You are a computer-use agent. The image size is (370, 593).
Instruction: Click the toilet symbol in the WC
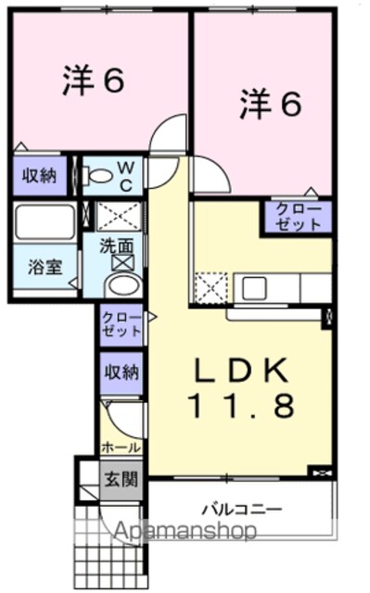pyautogui.click(x=96, y=176)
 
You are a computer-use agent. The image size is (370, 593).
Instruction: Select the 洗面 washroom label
pyautogui.click(x=117, y=246)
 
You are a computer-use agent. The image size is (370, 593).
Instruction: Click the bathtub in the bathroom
pyautogui.click(x=45, y=222)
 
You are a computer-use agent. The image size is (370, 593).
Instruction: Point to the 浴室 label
pyautogui.click(x=45, y=268)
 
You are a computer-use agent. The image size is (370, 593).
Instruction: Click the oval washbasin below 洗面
pyautogui.click(x=123, y=286)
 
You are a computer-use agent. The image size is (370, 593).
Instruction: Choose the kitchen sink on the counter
pyautogui.click(x=254, y=288)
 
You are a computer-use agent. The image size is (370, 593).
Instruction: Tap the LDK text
pyautogui.click(x=240, y=371)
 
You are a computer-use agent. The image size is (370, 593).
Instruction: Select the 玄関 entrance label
pyautogui.click(x=121, y=480)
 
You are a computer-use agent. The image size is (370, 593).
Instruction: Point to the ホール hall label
pyautogui.click(x=121, y=448)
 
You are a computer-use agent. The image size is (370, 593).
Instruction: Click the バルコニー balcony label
pyautogui.click(x=242, y=509)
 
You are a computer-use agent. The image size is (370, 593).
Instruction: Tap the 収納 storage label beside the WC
pyautogui.click(x=39, y=176)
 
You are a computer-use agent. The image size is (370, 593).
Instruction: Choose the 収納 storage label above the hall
pyautogui.click(x=121, y=372)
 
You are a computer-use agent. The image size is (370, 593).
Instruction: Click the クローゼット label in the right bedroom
pyautogui.click(x=299, y=217)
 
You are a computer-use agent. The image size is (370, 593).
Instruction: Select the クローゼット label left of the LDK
pyautogui.click(x=121, y=324)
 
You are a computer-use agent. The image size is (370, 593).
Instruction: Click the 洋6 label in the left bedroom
pyautogui.click(x=93, y=80)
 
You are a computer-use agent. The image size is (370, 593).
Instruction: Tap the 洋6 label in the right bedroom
pyautogui.click(x=271, y=103)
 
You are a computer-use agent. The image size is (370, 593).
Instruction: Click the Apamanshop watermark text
pyautogui.click(x=185, y=531)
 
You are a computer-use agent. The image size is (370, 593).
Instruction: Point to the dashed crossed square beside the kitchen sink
pyautogui.click(x=211, y=287)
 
